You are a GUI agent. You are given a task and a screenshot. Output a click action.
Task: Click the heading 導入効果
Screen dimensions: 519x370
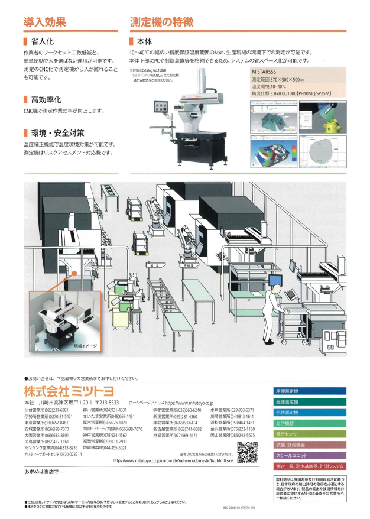pyautogui.click(x=44, y=22)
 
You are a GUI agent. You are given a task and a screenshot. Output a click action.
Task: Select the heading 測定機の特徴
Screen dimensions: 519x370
pyautogui.click(x=161, y=22)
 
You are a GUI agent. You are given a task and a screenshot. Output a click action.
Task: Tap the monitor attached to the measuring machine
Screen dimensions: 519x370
pyautogui.click(x=161, y=108)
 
